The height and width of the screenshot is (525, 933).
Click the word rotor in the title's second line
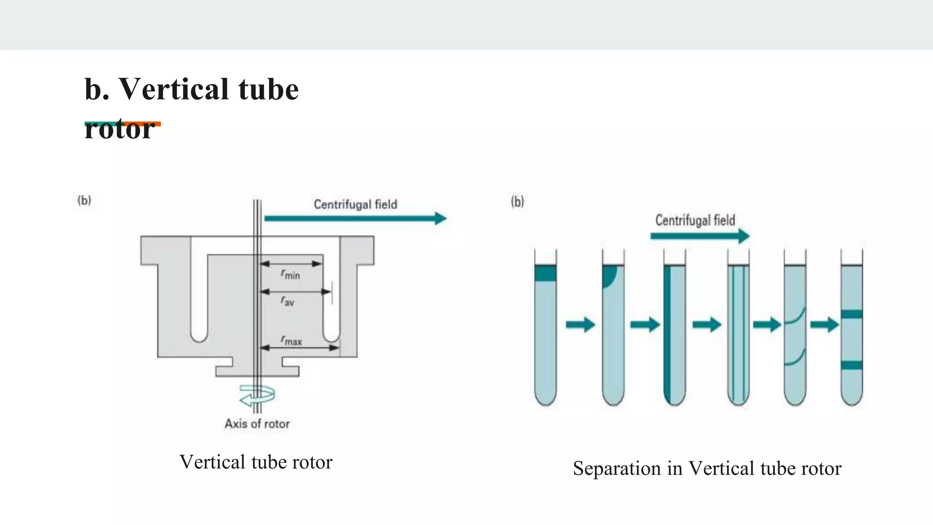119,129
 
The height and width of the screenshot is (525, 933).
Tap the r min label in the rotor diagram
290,274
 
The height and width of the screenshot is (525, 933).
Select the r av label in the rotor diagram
287,301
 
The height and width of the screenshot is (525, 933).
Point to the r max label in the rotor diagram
291,340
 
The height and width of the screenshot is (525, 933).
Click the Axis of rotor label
257,424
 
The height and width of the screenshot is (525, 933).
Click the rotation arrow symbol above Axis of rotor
256,395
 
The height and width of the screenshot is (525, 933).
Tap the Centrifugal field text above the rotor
355,204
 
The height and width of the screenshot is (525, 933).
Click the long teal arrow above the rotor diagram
355,218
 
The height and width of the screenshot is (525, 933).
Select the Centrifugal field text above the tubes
695,221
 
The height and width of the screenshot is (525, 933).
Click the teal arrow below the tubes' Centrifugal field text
700,236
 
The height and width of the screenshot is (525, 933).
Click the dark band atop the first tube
545,273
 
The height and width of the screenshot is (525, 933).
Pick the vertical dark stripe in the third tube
667,333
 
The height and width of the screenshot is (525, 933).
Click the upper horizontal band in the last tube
851,314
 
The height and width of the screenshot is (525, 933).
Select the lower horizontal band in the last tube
851,365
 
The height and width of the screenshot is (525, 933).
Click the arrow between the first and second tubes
580,324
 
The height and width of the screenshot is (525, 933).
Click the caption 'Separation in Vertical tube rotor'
707,468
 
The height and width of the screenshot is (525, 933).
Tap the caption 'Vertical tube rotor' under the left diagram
256,462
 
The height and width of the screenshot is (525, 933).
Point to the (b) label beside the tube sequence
518,201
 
